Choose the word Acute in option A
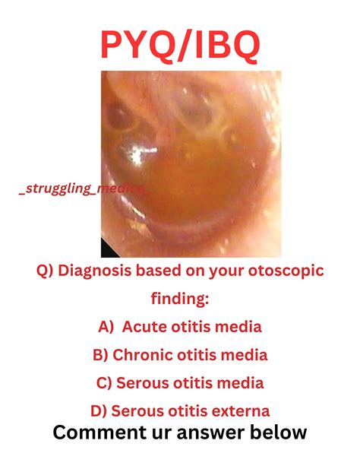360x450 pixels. (x=146, y=327)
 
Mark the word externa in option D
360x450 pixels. (x=242, y=411)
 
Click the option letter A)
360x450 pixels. (x=106, y=327)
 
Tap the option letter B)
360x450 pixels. (x=100, y=355)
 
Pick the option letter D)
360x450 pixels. (x=98, y=411)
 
